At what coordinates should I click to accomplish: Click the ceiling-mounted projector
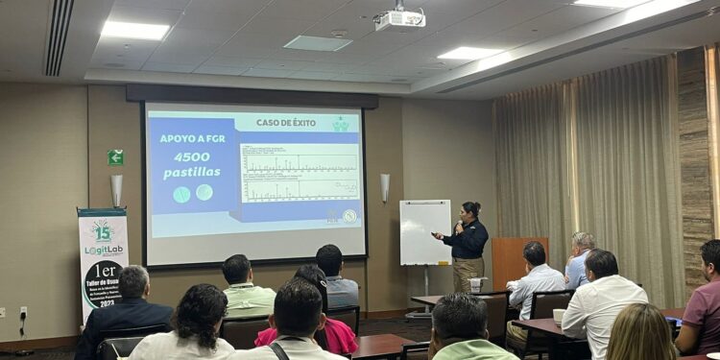[x=400, y=18]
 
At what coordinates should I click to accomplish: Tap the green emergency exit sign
[x=115, y=156]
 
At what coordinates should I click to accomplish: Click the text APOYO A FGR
[x=191, y=138]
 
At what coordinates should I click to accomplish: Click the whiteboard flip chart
[x=425, y=232]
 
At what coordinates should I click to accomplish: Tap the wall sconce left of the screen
[x=116, y=189]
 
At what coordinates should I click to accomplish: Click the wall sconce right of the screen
[x=385, y=186]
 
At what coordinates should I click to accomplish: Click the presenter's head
[x=470, y=210]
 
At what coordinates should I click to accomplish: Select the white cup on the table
[x=559, y=316]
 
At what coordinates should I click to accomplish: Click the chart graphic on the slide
[x=299, y=173]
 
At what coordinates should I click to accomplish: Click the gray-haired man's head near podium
[x=583, y=242]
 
